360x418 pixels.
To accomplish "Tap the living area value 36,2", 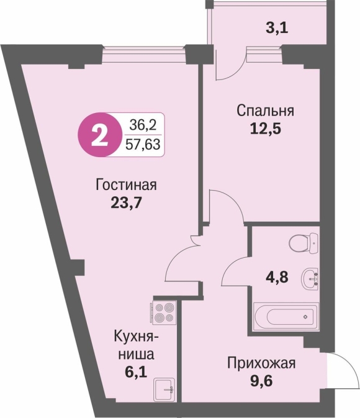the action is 143,125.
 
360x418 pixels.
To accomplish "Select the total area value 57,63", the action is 143,145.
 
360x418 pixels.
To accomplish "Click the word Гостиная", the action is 126,184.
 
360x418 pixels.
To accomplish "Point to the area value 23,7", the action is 125,203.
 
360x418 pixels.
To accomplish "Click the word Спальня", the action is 266,111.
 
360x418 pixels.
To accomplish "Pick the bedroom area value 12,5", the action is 266,129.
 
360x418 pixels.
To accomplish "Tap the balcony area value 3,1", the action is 277,28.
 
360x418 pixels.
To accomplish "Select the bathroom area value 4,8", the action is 277,277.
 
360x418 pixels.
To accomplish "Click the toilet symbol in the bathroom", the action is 304,243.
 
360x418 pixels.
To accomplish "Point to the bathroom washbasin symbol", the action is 310,279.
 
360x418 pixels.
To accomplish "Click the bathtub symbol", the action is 286,317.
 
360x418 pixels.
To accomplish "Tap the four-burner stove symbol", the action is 163,312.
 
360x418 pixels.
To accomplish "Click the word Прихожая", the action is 261,363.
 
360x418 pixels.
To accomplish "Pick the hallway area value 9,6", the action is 261,381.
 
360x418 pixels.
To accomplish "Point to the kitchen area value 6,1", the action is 136,372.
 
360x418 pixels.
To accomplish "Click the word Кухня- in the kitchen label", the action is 136,337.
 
